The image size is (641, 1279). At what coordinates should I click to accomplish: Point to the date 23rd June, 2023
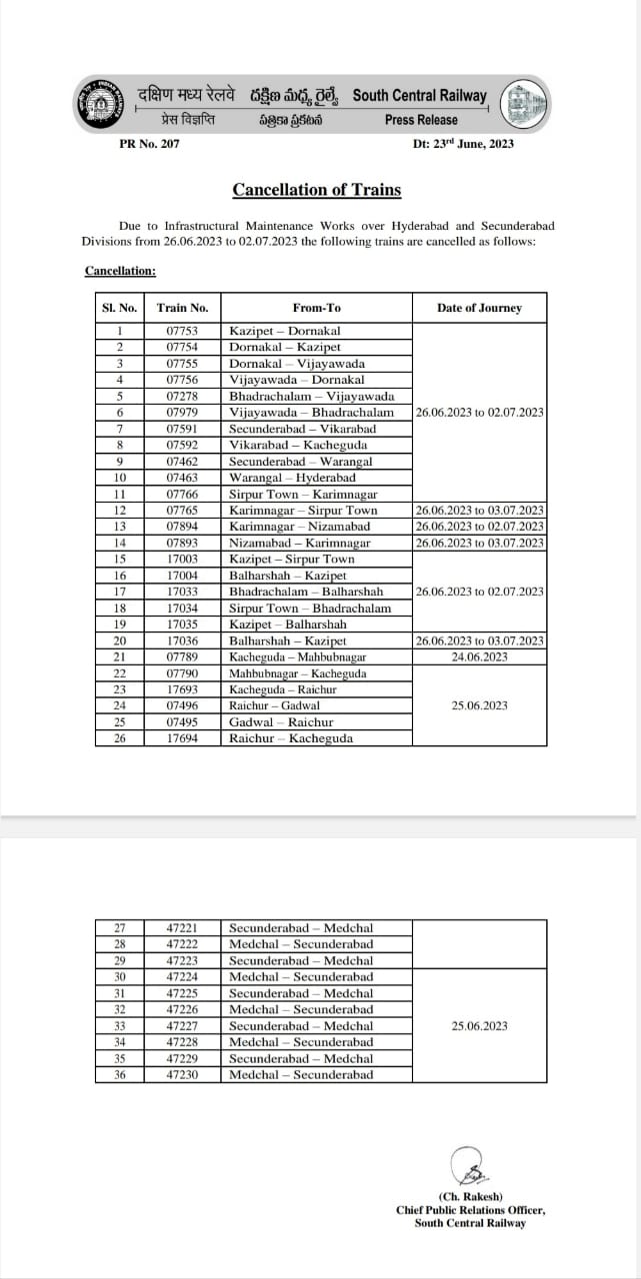click(x=463, y=144)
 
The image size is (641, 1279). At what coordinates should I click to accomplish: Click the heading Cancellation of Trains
click(x=317, y=190)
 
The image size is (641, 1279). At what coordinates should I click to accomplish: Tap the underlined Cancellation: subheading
click(x=120, y=271)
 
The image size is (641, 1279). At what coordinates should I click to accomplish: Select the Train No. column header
click(x=182, y=308)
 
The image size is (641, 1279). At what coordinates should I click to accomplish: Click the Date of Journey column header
click(x=479, y=308)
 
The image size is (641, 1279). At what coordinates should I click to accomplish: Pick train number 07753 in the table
click(x=182, y=331)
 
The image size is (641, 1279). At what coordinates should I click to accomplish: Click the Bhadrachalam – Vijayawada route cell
click(x=312, y=396)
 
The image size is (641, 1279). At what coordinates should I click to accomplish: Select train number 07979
click(x=182, y=412)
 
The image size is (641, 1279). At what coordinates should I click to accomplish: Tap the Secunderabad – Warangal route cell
click(x=301, y=461)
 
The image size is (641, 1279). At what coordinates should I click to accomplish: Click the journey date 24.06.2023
click(x=479, y=656)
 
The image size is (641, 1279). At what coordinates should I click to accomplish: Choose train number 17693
click(x=182, y=689)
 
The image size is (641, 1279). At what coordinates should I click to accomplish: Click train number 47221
click(x=182, y=928)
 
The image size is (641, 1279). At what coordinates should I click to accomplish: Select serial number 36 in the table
click(x=120, y=1075)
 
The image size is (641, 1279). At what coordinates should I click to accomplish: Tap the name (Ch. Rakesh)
click(x=470, y=1197)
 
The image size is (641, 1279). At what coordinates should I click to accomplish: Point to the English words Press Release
click(x=421, y=120)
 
